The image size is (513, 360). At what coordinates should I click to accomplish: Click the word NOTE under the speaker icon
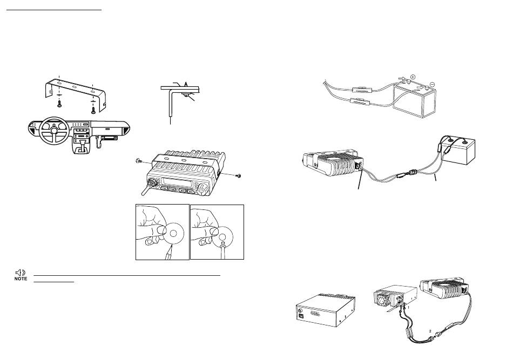tap(21, 279)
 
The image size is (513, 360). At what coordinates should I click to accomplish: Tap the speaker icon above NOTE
tap(21, 273)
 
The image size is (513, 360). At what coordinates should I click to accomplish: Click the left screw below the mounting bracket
tap(60, 104)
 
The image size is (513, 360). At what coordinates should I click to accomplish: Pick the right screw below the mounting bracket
tap(93, 110)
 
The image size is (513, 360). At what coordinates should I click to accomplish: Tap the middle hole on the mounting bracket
tap(75, 87)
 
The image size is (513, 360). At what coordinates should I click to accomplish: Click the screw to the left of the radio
tap(138, 160)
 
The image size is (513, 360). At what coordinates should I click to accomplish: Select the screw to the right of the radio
tap(239, 176)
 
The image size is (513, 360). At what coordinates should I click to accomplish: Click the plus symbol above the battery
tap(413, 77)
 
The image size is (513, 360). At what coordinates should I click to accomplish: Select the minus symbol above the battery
tap(433, 84)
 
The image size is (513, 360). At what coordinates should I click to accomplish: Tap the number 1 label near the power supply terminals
tap(408, 308)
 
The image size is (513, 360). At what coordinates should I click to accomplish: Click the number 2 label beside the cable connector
tap(430, 331)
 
